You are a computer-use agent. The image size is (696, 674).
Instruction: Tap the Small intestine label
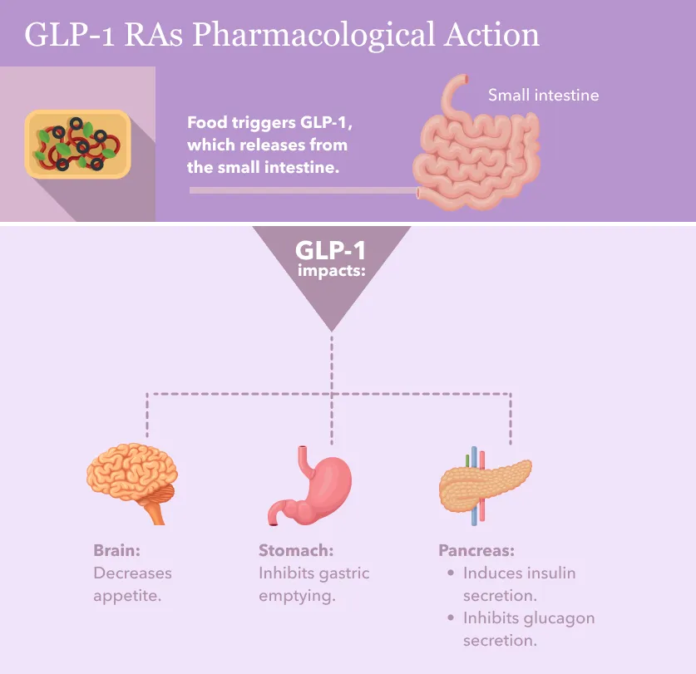click(x=543, y=95)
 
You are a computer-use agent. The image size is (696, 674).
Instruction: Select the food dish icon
click(x=77, y=144)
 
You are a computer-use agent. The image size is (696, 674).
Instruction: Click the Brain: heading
click(x=116, y=550)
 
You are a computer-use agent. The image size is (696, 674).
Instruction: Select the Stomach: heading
click(x=295, y=550)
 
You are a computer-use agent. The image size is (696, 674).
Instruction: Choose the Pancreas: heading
click(x=476, y=550)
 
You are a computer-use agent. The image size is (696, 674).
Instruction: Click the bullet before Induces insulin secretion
click(x=450, y=573)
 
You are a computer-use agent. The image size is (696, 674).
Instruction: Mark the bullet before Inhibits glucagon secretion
click(x=450, y=617)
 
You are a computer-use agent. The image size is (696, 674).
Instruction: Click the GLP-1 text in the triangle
click(x=330, y=250)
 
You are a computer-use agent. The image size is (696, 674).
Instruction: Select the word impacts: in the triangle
click(x=331, y=272)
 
